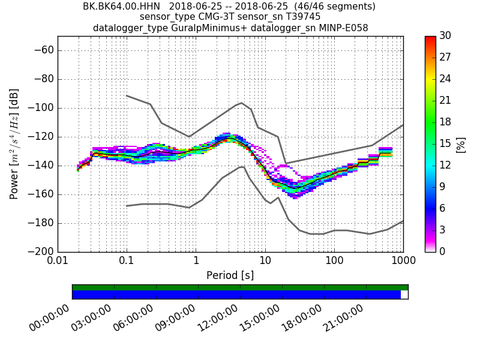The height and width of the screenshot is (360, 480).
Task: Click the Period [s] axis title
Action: pyautogui.click(x=230, y=275)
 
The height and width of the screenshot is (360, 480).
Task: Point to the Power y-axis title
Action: pyautogui.click(x=14, y=144)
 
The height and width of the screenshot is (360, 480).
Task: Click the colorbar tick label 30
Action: pyautogui.click(x=445, y=36)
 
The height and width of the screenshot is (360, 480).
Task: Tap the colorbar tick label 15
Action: pyautogui.click(x=445, y=143)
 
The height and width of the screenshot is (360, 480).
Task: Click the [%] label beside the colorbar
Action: pyautogui.click(x=461, y=144)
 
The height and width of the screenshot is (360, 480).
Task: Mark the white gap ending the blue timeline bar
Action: pyautogui.click(x=404, y=295)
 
